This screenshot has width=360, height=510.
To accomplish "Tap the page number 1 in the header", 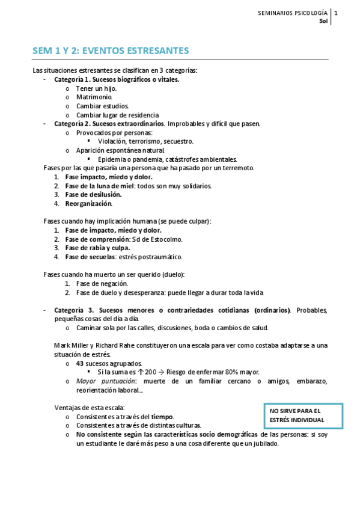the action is (x=336, y=13).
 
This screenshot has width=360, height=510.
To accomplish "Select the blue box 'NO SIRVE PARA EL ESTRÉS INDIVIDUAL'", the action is (x=303, y=415).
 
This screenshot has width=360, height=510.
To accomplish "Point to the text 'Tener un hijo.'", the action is (x=96, y=88).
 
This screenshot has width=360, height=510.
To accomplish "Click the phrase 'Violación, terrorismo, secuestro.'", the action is (x=145, y=141).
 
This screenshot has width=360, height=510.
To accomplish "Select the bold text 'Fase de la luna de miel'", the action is (x=99, y=186).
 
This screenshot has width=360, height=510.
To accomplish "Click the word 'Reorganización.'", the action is (x=88, y=203).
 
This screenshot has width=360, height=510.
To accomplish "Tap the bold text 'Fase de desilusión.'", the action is (x=93, y=194).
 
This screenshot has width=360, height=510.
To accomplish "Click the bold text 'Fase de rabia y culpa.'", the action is (x=98, y=248).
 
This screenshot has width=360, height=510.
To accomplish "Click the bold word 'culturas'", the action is (x=188, y=425).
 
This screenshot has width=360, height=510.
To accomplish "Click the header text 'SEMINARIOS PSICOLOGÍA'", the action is (x=292, y=13).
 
